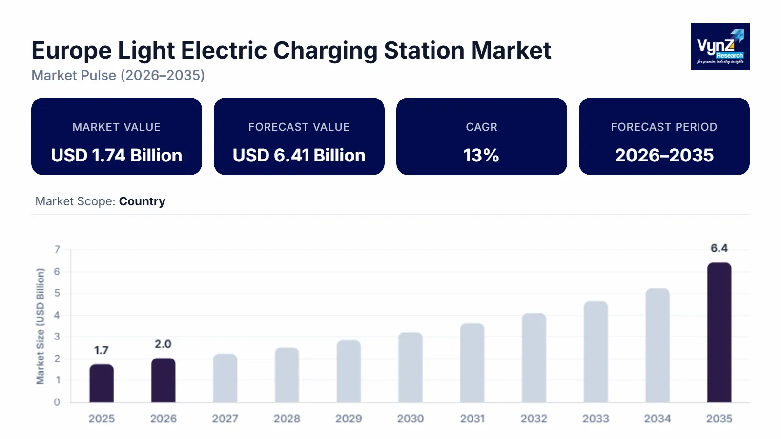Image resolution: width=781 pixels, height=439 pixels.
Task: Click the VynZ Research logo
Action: [720, 47]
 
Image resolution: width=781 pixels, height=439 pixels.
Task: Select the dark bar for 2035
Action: [719, 333]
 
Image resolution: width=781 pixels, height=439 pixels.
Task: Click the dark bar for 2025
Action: [102, 383]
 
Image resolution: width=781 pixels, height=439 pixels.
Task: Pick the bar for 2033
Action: [596, 352]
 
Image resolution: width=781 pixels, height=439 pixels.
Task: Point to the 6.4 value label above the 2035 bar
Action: [719, 248]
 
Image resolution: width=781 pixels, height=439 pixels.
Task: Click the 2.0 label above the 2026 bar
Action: [163, 344]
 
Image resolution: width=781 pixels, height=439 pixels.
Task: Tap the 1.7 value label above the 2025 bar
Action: [102, 350]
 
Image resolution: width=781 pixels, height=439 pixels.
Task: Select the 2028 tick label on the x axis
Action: [287, 419]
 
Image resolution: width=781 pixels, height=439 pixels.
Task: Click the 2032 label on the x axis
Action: [534, 419]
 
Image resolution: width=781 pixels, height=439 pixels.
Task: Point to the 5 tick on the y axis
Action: [57, 293]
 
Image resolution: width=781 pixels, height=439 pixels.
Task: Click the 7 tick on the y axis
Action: [57, 249]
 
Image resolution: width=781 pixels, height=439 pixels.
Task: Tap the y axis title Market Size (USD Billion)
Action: [40, 326]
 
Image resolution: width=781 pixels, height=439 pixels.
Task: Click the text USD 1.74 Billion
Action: [117, 156]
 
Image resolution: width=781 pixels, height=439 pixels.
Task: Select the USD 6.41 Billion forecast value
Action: [299, 156]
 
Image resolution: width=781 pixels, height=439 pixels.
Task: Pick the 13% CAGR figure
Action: [481, 156]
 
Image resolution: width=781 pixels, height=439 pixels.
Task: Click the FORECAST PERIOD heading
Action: [664, 127]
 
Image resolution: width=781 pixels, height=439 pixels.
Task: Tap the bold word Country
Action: [142, 201]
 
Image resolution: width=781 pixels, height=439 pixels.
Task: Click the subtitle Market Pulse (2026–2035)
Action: [118, 75]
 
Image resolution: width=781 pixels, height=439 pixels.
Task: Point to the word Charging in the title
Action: [325, 51]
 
